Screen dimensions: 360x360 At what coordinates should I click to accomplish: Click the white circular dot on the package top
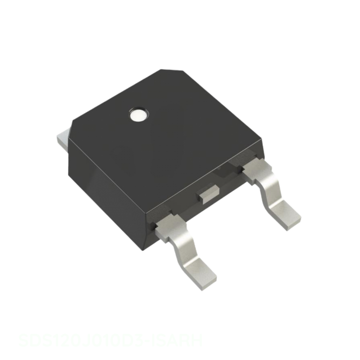138,115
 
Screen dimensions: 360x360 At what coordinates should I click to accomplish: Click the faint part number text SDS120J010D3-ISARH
110,341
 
